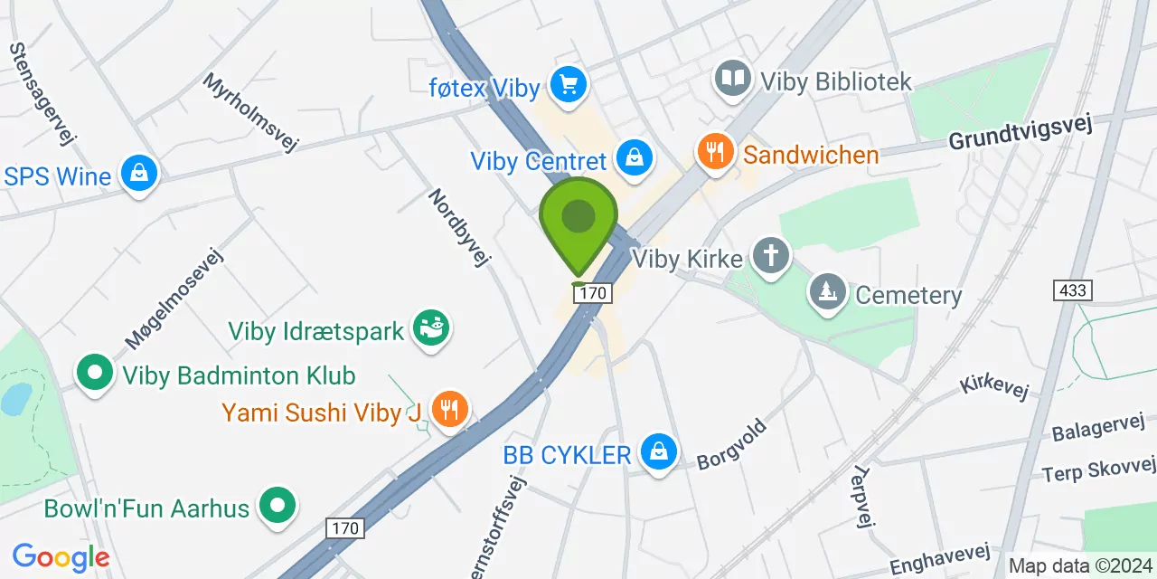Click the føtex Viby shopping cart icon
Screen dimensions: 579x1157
pos(569,87)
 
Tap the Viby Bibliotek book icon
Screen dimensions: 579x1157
pos(733,79)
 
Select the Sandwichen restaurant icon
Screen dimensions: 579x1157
pos(716,152)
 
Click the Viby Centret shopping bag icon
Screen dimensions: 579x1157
pos(635,158)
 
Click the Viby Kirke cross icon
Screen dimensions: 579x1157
pos(771,256)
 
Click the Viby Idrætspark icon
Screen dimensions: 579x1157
pos(431,329)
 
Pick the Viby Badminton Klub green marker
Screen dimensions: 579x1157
pos(94,372)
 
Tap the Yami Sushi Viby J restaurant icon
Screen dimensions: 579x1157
pos(448,410)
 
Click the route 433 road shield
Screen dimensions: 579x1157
pos(1072,290)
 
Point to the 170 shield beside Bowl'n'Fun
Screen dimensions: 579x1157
pos(345,528)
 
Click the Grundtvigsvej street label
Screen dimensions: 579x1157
pos(1021,132)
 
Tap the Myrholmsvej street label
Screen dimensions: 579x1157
pos(250,112)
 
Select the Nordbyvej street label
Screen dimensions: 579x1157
pos(459,228)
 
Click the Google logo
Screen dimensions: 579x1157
pos(61,557)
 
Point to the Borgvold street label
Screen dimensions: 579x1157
pos(732,444)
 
